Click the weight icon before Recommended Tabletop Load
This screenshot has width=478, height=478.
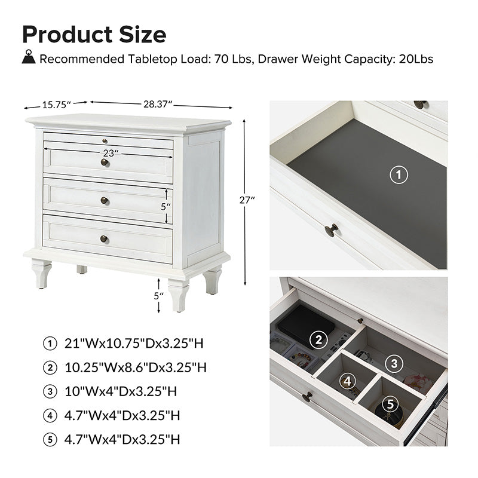click(x=29, y=57)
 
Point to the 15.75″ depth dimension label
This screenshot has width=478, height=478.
click(x=56, y=105)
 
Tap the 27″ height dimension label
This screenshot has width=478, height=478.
click(x=247, y=200)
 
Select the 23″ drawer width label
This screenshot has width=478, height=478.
click(x=111, y=153)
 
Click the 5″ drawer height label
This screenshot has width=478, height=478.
click(x=166, y=207)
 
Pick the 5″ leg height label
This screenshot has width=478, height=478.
click(x=158, y=296)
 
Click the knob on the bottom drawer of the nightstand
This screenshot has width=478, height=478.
click(x=104, y=238)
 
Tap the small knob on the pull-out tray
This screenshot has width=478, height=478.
click(x=105, y=141)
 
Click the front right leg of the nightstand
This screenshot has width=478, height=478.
click(x=178, y=295)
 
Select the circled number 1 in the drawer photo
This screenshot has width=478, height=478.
click(x=399, y=174)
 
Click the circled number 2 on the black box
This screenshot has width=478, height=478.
click(x=318, y=339)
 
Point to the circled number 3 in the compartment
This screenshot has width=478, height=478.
click(x=394, y=363)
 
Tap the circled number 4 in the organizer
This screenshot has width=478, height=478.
click(x=348, y=381)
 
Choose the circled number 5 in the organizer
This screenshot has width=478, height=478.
click(x=391, y=404)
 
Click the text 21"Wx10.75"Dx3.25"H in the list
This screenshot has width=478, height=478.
click(x=134, y=344)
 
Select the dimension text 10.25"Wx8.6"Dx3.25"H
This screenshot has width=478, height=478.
click(x=136, y=367)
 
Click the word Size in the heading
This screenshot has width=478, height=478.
click(x=143, y=34)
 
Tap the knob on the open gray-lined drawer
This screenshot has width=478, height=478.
click(x=332, y=230)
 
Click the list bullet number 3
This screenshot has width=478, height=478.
click(x=50, y=391)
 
